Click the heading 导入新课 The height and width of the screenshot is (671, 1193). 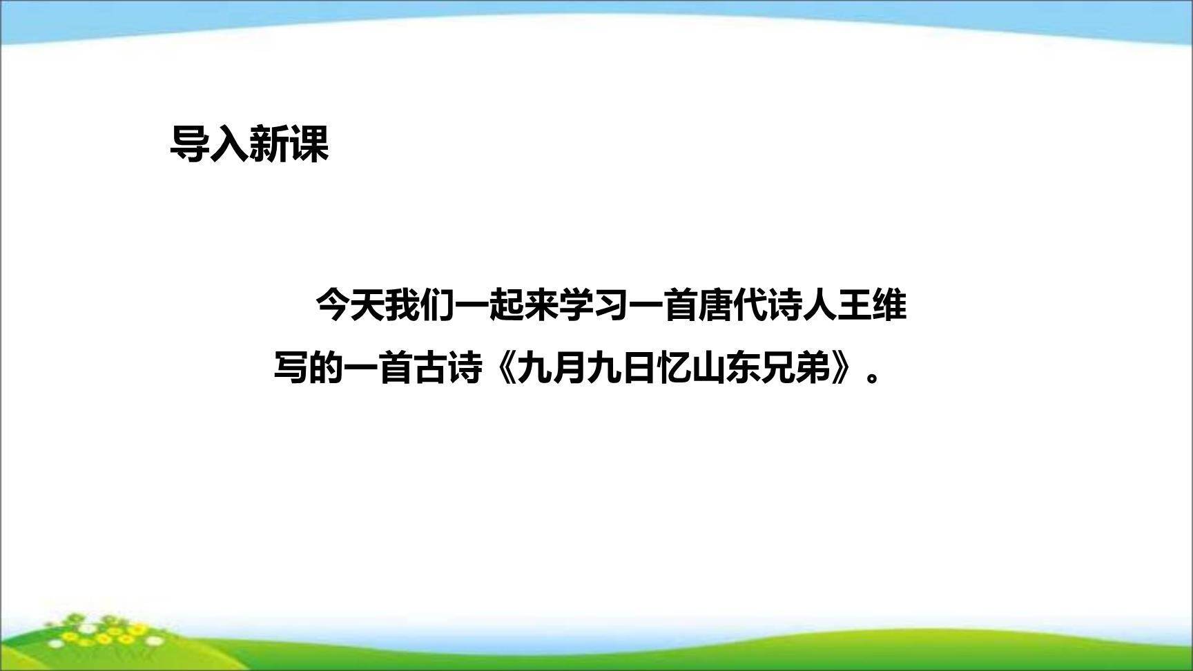tap(249, 144)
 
